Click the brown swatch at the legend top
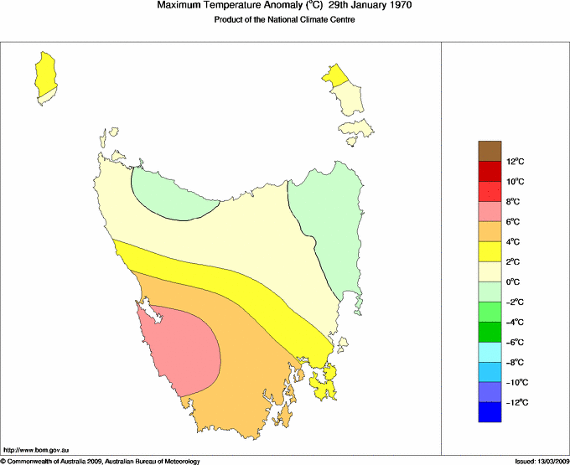(x=490, y=151)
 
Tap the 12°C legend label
(x=516, y=162)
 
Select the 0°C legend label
(x=515, y=282)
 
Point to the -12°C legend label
(x=516, y=403)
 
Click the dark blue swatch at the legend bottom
(x=490, y=412)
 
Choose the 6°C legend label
(x=515, y=222)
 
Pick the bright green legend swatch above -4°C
(x=490, y=312)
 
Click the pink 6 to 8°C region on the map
(x=184, y=348)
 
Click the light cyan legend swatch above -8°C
(x=490, y=352)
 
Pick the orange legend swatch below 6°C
(x=490, y=231)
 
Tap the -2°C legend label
(x=516, y=302)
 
